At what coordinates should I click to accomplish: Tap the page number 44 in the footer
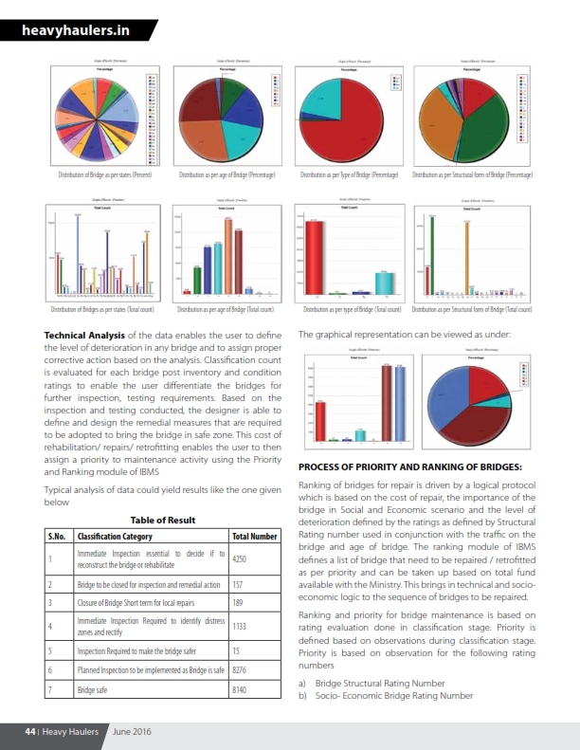click(29, 731)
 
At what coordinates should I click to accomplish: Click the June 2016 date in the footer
click(132, 731)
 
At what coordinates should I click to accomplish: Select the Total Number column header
click(254, 536)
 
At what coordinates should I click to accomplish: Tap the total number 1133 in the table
click(242, 625)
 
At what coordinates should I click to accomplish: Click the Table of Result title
click(162, 521)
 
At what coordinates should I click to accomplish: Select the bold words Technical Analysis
click(84, 335)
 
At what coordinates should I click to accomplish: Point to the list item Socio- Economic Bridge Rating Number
click(393, 695)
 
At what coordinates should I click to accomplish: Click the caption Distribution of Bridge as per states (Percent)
click(105, 174)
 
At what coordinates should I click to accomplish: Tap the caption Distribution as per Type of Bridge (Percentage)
click(348, 174)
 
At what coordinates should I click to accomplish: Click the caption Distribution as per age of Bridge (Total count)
click(226, 310)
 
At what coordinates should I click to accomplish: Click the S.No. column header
click(57, 536)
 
